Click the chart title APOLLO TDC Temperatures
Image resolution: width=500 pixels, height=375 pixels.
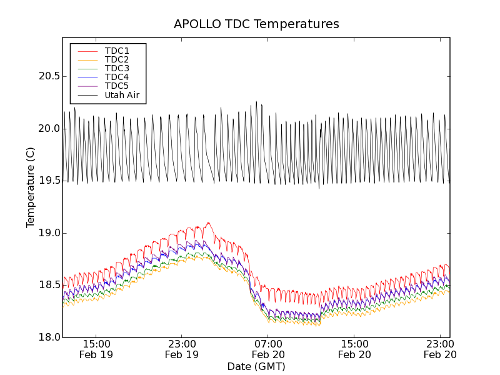256,24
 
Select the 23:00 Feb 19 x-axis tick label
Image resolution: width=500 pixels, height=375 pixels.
182,349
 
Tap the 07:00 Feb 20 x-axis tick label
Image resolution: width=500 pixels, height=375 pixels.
268,349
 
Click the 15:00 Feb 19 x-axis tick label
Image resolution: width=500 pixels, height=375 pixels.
96,349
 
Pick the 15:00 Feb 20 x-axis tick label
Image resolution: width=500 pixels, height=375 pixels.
354,349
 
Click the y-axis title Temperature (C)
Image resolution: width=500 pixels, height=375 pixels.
31,187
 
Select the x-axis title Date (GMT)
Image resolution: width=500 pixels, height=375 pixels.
256,366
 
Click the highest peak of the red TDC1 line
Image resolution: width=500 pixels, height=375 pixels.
208,222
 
